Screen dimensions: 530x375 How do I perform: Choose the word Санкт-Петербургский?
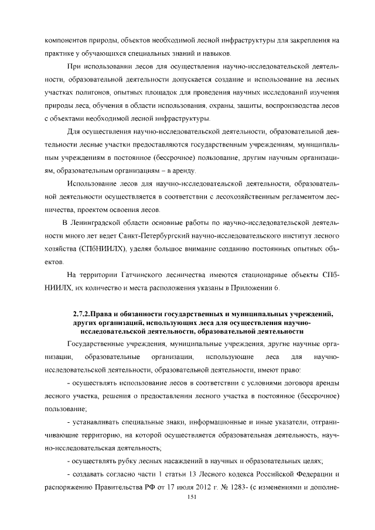point(134,235)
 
